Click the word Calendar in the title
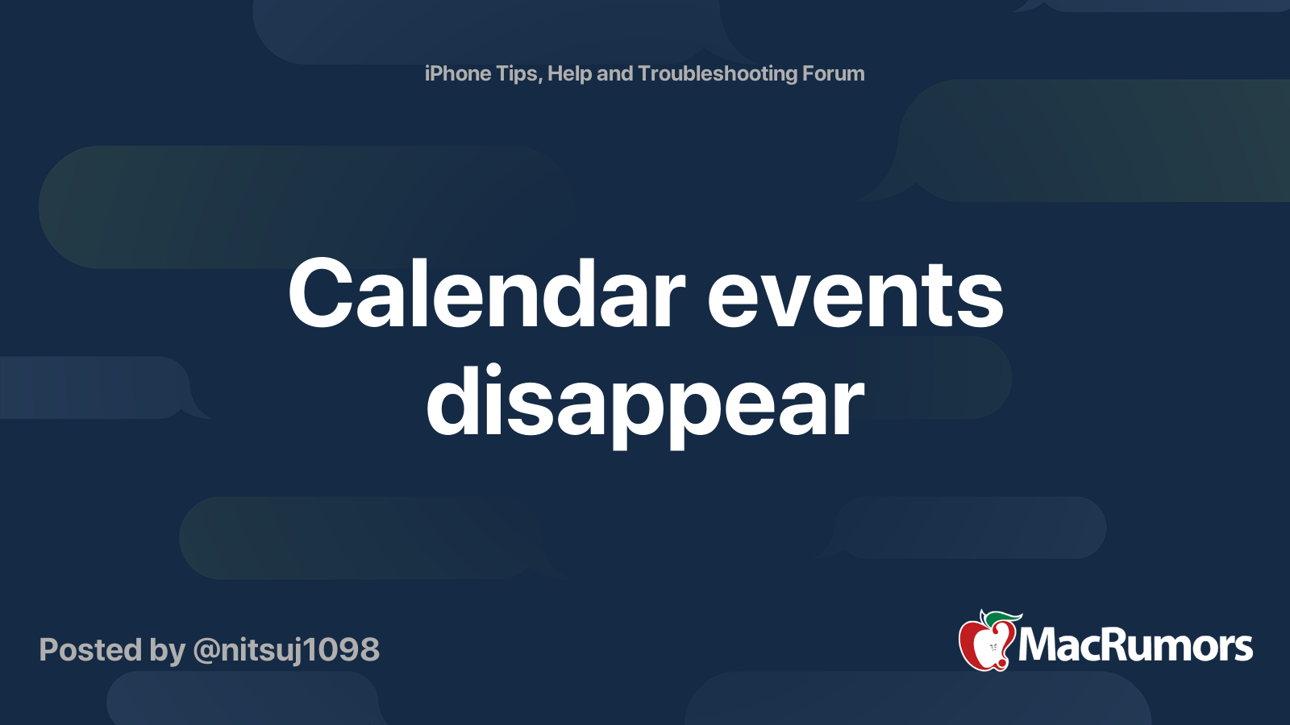pyautogui.click(x=487, y=293)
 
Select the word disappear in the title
pyautogui.click(x=645, y=403)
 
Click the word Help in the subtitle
pyautogui.click(x=569, y=74)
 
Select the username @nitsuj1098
pyautogui.click(x=286, y=650)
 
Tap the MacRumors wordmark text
pyautogui.click(x=1135, y=645)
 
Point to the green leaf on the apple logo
pyautogui.click(x=1003, y=619)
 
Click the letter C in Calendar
pyautogui.click(x=320, y=293)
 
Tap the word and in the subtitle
pyautogui.click(x=615, y=73)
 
